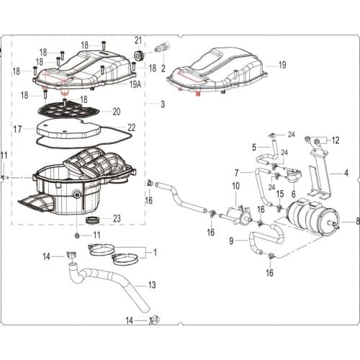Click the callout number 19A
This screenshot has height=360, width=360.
(x=135, y=84)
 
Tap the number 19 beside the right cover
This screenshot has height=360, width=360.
(x=282, y=65)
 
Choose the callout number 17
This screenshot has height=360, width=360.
(x=17, y=130)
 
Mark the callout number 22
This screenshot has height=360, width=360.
(x=131, y=127)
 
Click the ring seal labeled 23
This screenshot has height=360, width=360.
(x=94, y=218)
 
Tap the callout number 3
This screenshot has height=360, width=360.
(x=163, y=104)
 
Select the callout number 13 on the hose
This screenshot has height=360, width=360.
(x=152, y=285)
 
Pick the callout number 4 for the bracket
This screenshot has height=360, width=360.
(x=346, y=173)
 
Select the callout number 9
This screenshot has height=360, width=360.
(x=231, y=240)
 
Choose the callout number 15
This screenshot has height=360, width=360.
(x=279, y=194)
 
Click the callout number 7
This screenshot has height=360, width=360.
(x=236, y=173)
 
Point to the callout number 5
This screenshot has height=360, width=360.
(x=254, y=148)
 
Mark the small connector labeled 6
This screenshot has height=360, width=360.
(x=294, y=176)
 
